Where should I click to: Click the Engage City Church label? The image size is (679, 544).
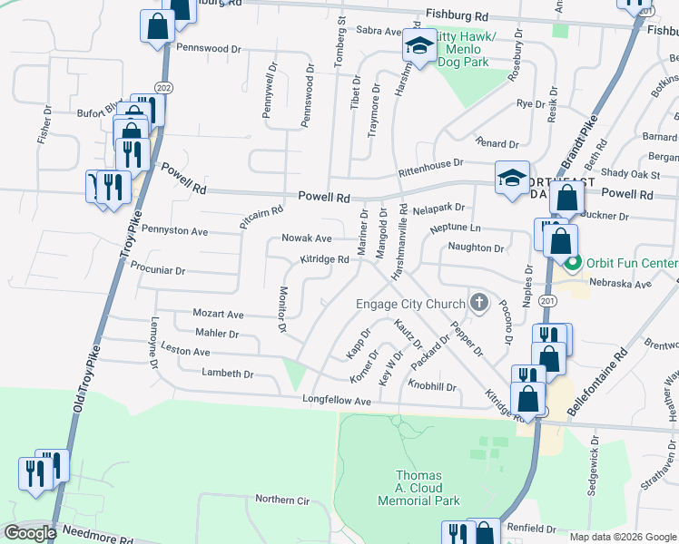tap(410, 304)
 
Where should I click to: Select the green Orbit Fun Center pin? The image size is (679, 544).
tap(573, 264)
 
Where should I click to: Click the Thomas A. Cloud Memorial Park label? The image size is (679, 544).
tap(419, 488)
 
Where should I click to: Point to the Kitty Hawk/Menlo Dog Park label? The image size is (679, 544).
tap(463, 49)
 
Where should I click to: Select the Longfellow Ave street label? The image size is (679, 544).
tap(339, 401)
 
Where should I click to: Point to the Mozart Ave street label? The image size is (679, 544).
tap(218, 314)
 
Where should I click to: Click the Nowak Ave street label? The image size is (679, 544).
tap(306, 238)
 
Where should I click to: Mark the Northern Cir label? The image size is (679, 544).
tap(282, 500)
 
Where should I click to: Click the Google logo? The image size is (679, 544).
tap(30, 533)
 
